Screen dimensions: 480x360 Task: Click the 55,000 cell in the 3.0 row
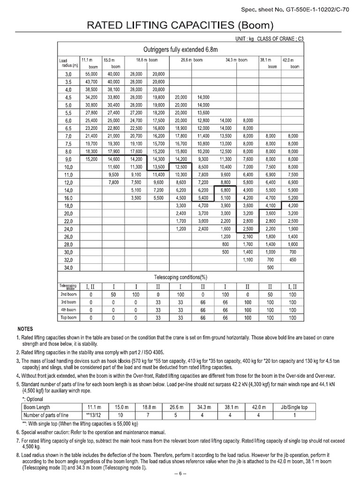[x=90, y=75]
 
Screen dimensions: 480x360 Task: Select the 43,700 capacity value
[x=90, y=82]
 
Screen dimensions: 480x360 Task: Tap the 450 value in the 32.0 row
[x=293, y=259]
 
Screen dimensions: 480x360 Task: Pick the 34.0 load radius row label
[x=68, y=267]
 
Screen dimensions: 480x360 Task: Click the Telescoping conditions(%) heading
[x=180, y=277]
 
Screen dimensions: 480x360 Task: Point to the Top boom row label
[x=68, y=318]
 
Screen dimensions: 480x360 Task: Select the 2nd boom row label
[x=68, y=294]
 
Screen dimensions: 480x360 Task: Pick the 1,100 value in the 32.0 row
[x=248, y=259]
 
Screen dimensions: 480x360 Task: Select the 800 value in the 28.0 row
[x=225, y=244]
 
